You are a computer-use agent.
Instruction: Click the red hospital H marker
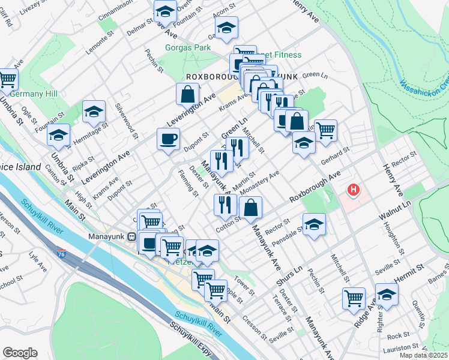point(354,190)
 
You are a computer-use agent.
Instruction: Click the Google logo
point(20,353)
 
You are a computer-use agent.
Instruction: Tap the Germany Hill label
point(34,94)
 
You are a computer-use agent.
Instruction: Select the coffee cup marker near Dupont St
point(168,140)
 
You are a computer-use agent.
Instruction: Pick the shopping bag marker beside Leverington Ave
point(188,94)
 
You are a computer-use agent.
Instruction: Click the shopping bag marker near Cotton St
point(250,208)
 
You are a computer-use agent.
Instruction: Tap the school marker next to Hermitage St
point(94,112)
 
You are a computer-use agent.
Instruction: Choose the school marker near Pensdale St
point(313,225)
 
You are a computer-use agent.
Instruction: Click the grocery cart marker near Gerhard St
point(325,130)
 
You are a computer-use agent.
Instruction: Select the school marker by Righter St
point(387,295)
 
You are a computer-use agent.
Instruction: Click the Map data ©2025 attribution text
point(423,355)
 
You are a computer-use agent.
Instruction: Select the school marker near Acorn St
point(226,28)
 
